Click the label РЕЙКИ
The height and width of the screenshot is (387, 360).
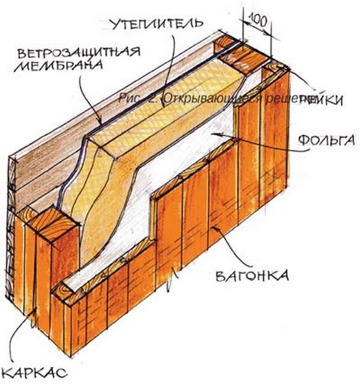tap(322, 100)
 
